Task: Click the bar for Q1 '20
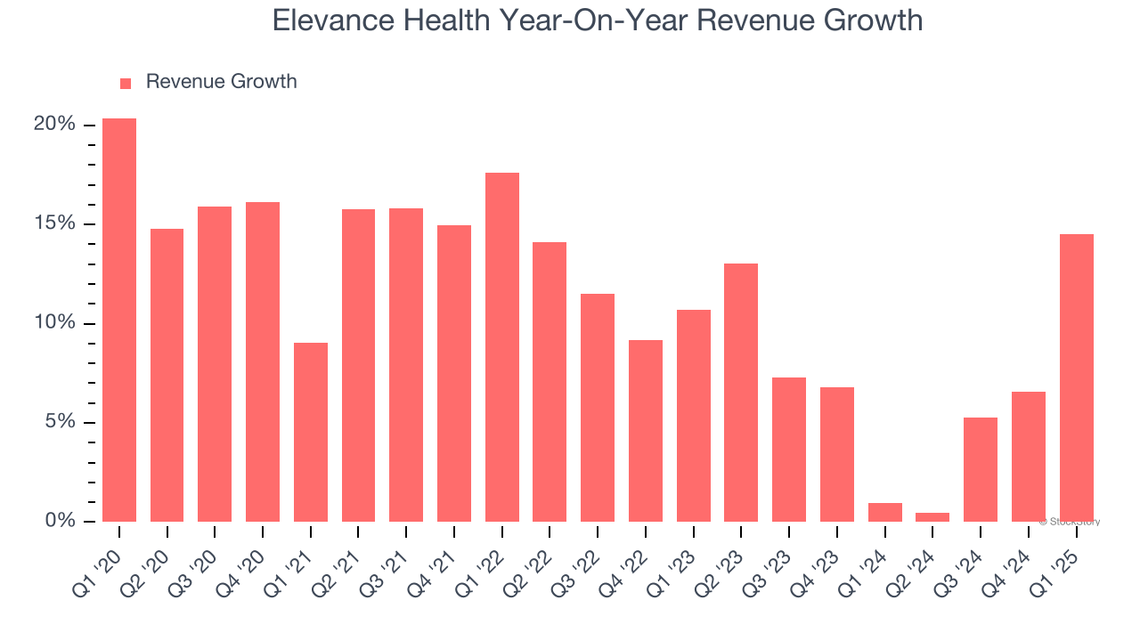click(x=119, y=320)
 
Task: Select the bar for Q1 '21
click(x=311, y=433)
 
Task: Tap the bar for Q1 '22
click(x=502, y=347)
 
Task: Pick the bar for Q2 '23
click(x=741, y=393)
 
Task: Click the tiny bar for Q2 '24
click(x=932, y=517)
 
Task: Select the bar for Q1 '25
click(x=1076, y=378)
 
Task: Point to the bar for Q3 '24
click(x=981, y=470)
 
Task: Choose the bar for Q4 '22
click(x=646, y=431)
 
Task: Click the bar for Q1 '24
click(x=884, y=513)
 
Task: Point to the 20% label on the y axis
click(x=54, y=125)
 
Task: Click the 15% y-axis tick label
click(x=54, y=223)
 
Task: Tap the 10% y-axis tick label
click(x=54, y=323)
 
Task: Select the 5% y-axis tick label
click(x=60, y=422)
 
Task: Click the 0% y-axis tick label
click(x=60, y=521)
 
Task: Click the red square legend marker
click(x=126, y=84)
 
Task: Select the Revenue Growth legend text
click(x=221, y=82)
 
